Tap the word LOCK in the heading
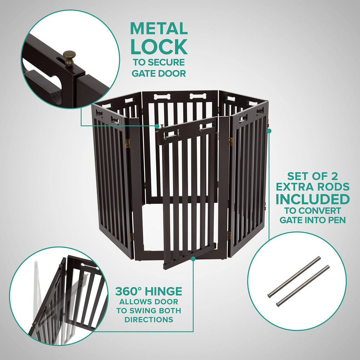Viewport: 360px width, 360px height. pos(159,46)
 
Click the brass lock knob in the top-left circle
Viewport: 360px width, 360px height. pos(69,56)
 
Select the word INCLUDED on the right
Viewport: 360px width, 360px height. pos(313,199)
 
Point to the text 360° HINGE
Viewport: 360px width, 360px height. pos(149,291)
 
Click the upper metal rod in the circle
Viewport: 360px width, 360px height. pos(294,277)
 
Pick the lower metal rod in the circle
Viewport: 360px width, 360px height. pos(303,285)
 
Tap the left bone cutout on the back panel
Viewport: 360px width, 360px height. pos(162,96)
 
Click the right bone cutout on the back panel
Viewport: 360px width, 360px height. pos(198,96)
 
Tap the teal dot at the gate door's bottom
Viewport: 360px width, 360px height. pos(193,259)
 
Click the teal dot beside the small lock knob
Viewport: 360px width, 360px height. pos(157,126)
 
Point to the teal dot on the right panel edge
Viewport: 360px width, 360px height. pos(269,131)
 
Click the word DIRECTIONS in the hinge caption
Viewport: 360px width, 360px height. pos(148,320)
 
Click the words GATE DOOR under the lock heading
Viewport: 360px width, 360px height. pos(159,73)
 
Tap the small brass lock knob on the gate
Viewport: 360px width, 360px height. pos(162,126)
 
